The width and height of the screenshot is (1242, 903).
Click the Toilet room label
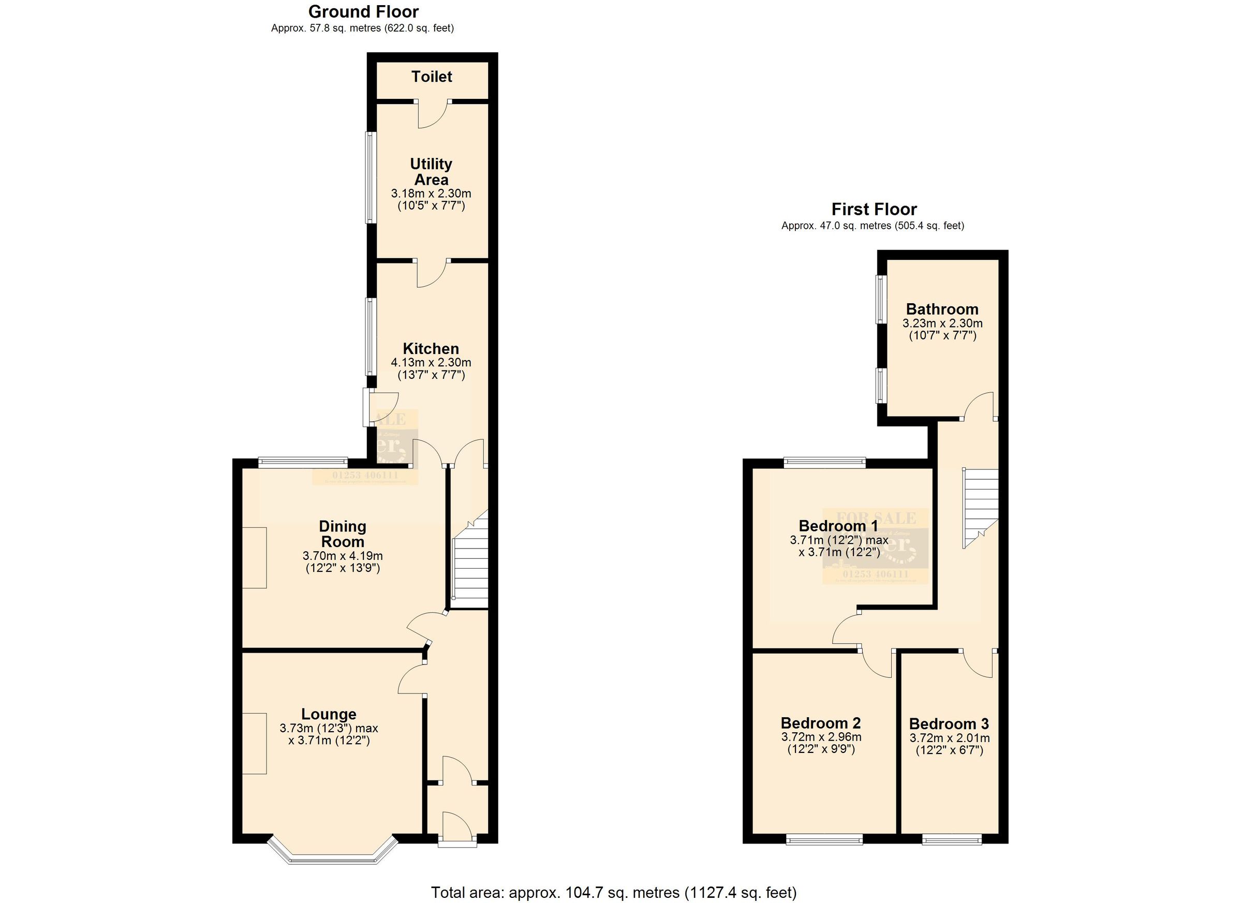point(432,77)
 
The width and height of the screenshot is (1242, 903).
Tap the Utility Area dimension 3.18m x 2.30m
point(431,194)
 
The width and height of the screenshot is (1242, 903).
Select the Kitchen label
point(431,349)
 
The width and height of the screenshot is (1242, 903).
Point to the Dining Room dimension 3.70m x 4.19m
point(342,556)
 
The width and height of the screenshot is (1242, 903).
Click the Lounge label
point(329,714)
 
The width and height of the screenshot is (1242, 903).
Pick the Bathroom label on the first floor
point(942,309)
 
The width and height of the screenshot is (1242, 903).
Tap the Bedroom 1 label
point(838,526)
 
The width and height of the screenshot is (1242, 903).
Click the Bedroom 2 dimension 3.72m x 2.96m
point(821,737)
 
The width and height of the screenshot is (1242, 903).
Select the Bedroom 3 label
point(949,724)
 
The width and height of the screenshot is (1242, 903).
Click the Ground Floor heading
point(363,11)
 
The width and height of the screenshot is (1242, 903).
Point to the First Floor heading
point(874,209)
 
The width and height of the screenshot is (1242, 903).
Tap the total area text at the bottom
point(613,893)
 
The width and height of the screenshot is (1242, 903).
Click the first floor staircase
point(981,507)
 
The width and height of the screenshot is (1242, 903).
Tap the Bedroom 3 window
point(952,840)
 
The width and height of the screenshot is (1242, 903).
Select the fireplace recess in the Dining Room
point(255,557)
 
